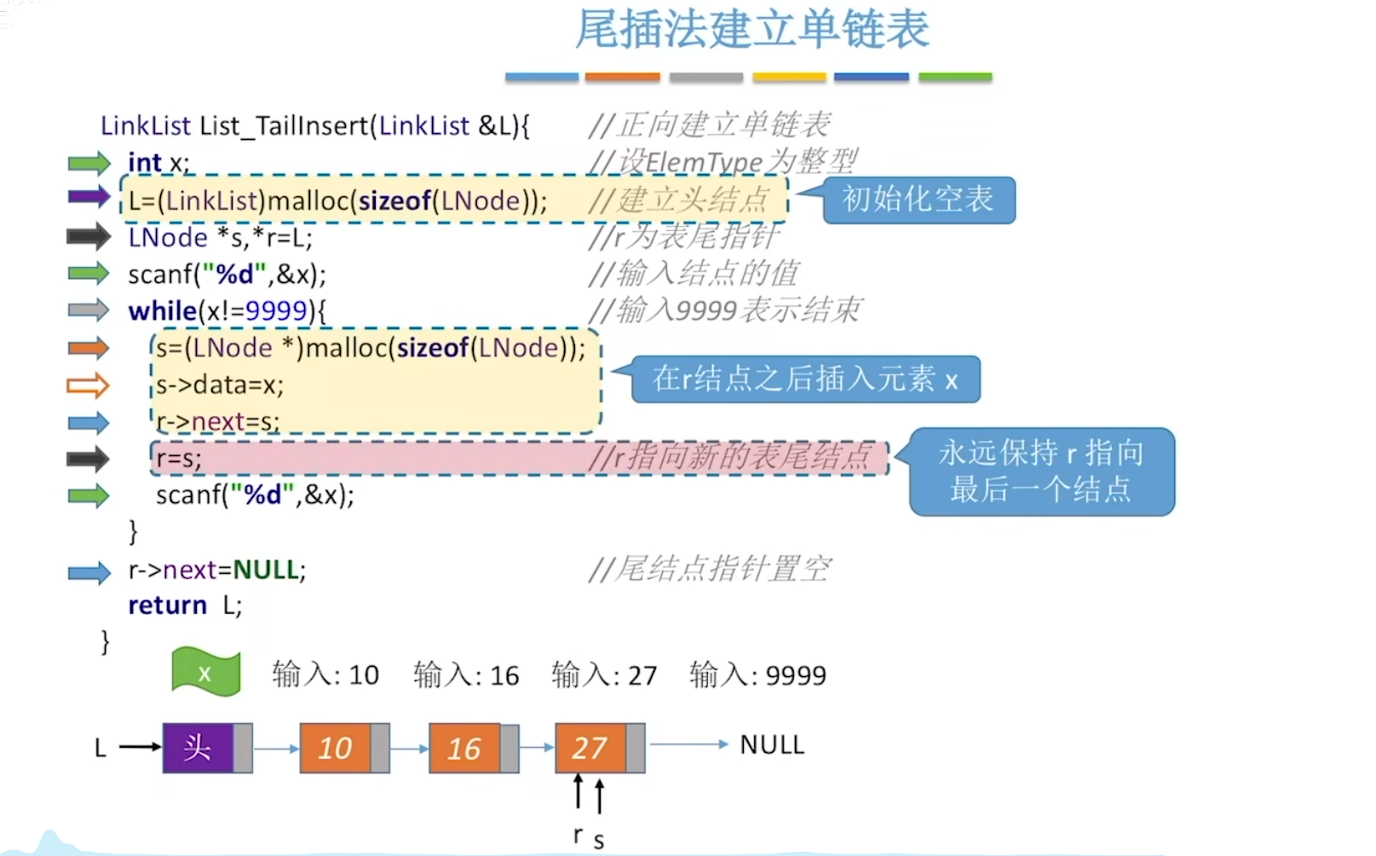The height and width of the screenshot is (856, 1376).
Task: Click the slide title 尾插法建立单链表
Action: (751, 29)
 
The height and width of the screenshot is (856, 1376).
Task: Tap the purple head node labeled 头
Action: (198, 748)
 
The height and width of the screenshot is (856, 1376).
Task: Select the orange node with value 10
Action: (335, 748)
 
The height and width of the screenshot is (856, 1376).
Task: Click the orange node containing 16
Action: (464, 748)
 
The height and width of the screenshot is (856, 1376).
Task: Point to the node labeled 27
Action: (590, 748)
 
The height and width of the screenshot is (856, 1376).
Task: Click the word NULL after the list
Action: (772, 744)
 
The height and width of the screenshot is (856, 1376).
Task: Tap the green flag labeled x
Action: (205, 673)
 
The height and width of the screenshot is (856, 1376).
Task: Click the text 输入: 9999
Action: (757, 675)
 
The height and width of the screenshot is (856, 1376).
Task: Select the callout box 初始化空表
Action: (918, 200)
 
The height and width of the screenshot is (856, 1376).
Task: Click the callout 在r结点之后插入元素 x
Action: (805, 379)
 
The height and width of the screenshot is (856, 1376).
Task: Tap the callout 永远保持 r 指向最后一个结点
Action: (1041, 471)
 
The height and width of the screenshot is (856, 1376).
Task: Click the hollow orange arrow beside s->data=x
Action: (88, 385)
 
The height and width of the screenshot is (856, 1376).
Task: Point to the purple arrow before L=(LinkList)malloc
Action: (89, 197)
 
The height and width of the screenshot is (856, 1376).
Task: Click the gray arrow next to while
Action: (89, 309)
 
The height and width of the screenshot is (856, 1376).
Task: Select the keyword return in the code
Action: (167, 605)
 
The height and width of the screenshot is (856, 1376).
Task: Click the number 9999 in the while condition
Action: (275, 311)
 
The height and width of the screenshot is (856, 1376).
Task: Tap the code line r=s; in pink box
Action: (179, 459)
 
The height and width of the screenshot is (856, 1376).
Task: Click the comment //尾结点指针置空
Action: (709, 569)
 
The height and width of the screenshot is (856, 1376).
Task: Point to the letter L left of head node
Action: (101, 748)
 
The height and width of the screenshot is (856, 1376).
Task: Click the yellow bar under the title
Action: (789, 77)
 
